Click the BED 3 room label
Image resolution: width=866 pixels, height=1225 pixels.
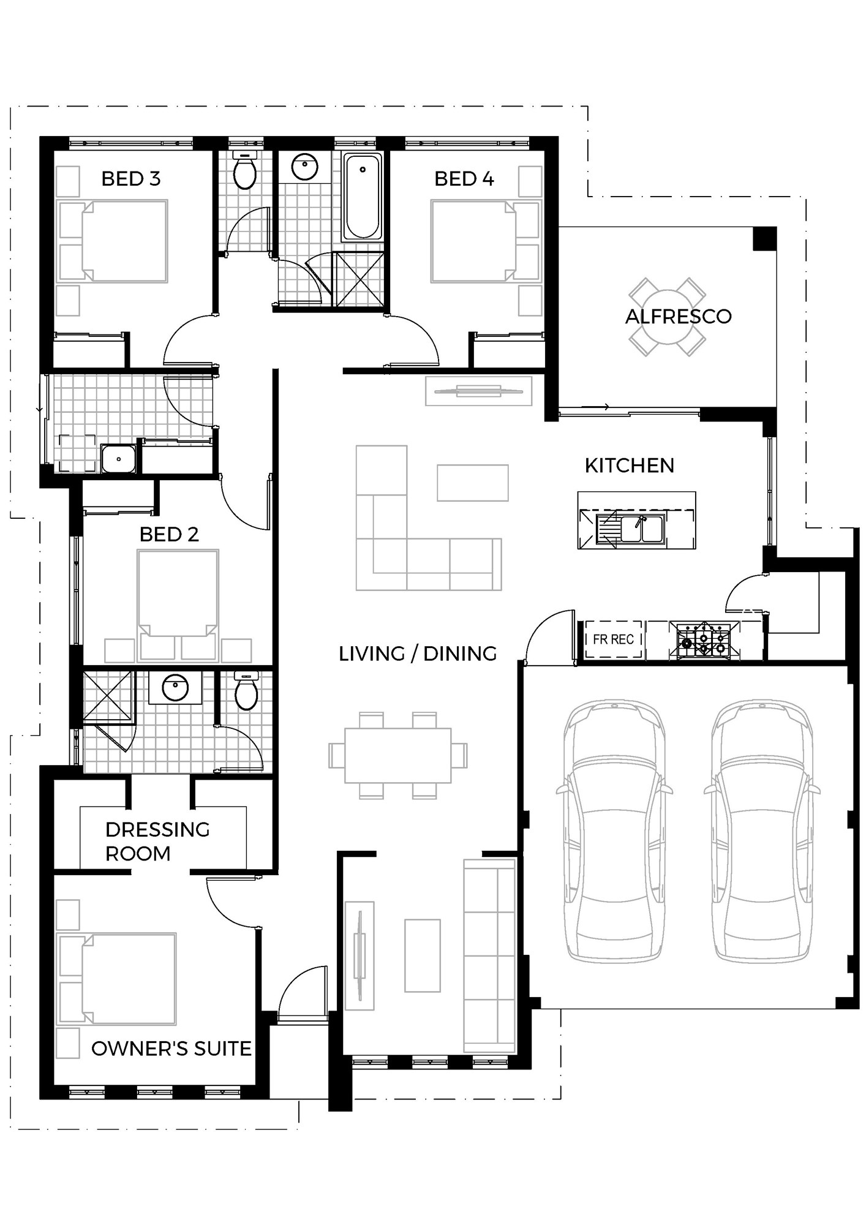[130, 179]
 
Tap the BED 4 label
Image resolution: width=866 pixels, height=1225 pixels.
[464, 179]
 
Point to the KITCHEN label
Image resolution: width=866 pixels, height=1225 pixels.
[629, 466]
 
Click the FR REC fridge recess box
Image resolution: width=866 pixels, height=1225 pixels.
[613, 639]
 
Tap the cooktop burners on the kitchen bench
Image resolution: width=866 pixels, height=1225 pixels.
[704, 639]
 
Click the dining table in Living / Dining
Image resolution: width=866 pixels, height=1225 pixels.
[397, 755]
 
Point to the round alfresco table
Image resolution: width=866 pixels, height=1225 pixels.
[666, 317]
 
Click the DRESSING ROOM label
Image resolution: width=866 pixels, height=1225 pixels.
[157, 842]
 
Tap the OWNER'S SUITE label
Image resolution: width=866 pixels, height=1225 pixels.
[171, 1049]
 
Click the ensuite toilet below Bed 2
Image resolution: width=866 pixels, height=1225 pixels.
[246, 690]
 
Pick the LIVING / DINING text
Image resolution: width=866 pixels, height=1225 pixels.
[418, 654]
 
